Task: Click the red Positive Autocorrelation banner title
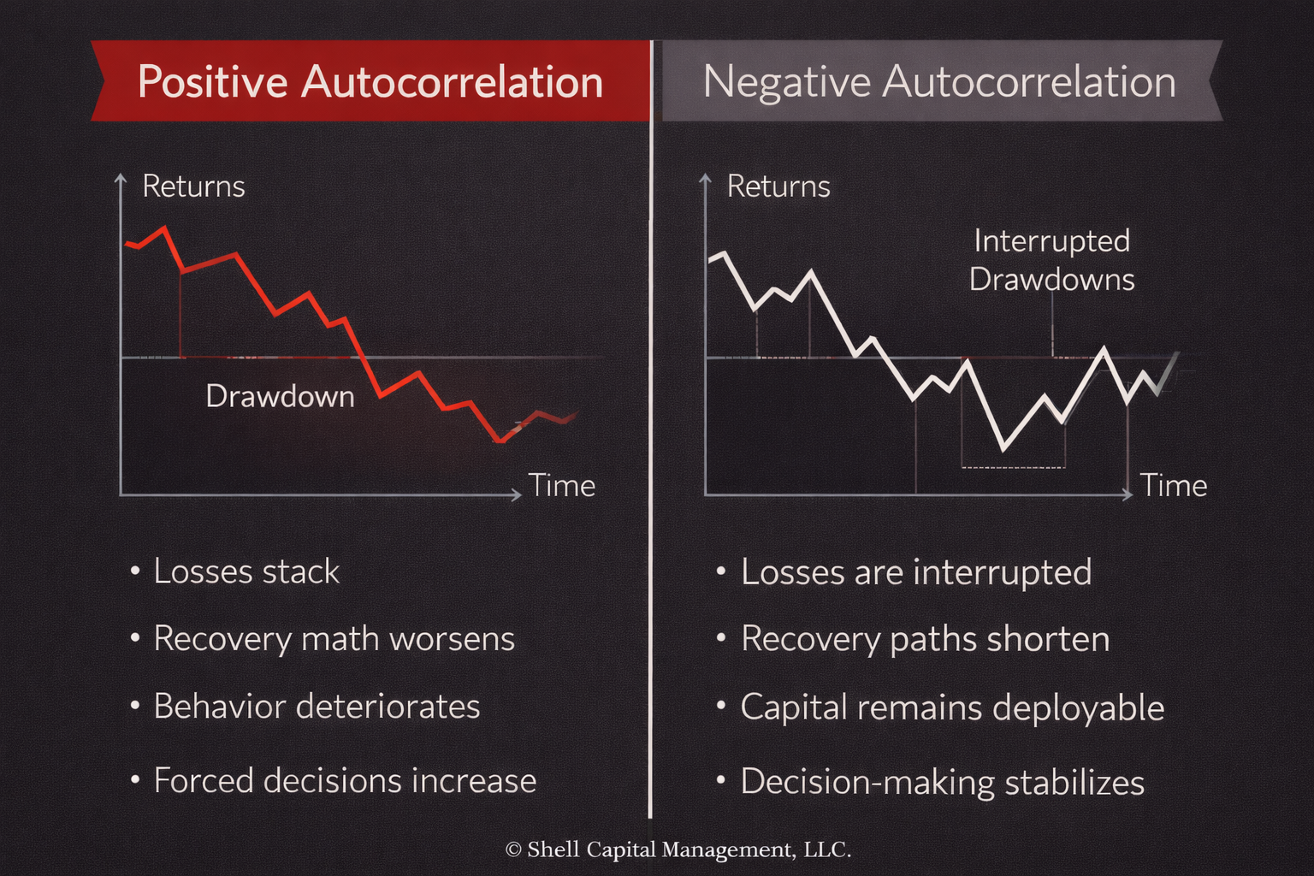tap(370, 82)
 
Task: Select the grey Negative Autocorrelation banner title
tap(938, 82)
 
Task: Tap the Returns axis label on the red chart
tap(193, 186)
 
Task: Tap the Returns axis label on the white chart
tap(778, 186)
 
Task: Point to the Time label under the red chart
tap(561, 486)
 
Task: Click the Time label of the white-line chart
tap(1173, 486)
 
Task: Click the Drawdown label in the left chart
tap(280, 396)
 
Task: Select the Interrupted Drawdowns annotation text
tap(1051, 260)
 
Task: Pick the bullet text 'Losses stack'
tap(246, 571)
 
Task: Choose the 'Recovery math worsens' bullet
tap(334, 639)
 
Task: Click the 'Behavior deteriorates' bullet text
tap(317, 707)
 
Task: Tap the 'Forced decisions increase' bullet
tap(345, 781)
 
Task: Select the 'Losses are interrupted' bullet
tap(915, 572)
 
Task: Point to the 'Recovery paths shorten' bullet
tap(925, 639)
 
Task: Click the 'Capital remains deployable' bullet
tap(952, 707)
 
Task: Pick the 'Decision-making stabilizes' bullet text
tap(942, 782)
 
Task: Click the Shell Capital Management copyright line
tap(678, 849)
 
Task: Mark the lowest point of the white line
tap(1003, 448)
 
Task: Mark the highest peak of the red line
tap(164, 228)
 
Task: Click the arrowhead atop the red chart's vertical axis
tap(121, 177)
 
